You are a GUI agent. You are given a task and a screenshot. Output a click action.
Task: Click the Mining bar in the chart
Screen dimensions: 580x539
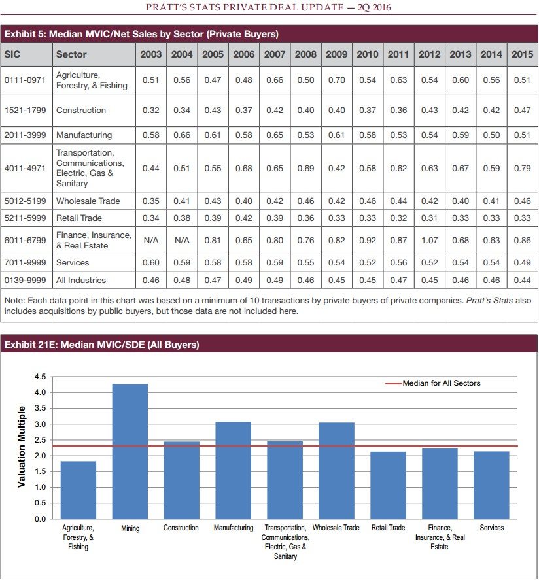[130, 451]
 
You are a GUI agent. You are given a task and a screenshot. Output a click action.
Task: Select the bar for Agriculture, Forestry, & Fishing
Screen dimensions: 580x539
[78, 490]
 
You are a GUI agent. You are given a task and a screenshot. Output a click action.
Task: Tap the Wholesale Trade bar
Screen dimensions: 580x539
[336, 471]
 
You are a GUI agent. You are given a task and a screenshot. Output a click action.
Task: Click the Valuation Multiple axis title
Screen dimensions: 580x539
[22, 447]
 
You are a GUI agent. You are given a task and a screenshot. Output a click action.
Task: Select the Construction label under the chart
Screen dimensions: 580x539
[181, 528]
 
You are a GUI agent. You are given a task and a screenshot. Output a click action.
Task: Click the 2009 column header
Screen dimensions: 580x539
[336, 54]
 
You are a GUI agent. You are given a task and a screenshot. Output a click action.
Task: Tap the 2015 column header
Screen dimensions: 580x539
[522, 54]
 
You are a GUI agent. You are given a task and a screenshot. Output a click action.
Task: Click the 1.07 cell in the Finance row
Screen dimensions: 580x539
[429, 241]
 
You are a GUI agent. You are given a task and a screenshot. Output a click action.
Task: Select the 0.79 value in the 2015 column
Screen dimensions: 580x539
[522, 169]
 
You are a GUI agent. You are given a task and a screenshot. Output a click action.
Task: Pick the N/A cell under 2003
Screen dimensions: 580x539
[151, 241]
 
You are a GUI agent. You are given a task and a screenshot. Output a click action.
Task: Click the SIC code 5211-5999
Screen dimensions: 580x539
[26, 218]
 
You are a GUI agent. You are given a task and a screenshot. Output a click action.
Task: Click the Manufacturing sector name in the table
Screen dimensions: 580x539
[84, 135]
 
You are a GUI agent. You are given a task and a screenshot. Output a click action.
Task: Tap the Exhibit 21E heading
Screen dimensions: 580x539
[101, 345]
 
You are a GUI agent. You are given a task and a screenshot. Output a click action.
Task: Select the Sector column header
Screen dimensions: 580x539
[71, 54]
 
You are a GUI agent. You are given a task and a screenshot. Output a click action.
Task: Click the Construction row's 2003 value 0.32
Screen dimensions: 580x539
[151, 111]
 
